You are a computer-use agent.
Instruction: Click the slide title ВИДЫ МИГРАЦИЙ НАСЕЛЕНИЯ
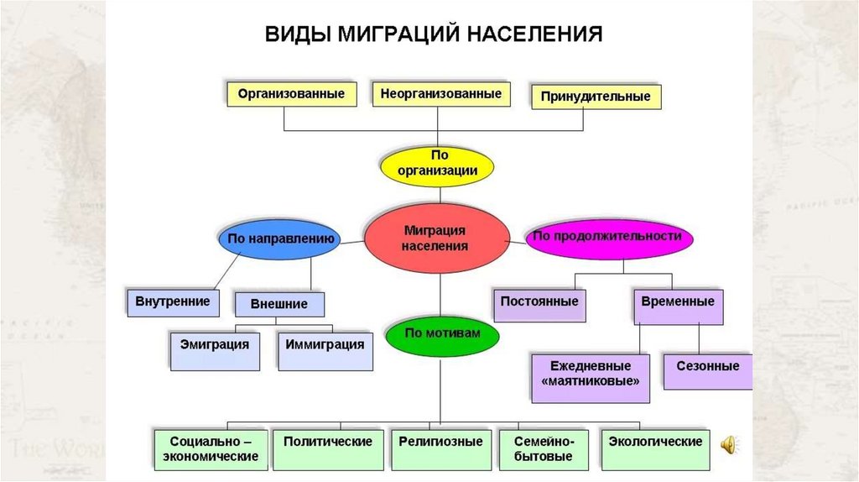(434, 34)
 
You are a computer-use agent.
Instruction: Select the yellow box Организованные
(291, 93)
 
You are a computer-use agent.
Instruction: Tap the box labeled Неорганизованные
(441, 93)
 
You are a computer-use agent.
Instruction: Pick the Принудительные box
(596, 97)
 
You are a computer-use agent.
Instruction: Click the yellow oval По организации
(439, 163)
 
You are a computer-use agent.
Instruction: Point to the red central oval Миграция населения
(437, 238)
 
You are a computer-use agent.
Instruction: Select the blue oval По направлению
(281, 238)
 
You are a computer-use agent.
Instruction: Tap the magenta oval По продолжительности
(607, 237)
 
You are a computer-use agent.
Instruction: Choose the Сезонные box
(708, 368)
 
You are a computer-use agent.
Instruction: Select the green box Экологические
(655, 443)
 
